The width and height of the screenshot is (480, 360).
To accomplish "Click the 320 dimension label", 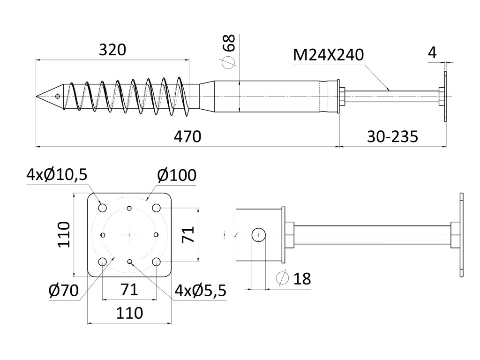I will (112, 50).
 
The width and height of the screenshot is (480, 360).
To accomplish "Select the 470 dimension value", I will (187, 136).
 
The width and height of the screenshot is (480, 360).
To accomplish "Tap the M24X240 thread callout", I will (328, 55).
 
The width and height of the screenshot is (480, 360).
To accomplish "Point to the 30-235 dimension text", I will (392, 136).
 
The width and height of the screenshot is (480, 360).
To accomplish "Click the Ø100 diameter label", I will (177, 175).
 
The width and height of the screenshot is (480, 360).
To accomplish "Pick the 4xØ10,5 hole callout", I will (57, 174).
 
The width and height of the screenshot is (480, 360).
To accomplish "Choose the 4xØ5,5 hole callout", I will (200, 291).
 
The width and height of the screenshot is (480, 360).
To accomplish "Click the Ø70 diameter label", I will (63, 291).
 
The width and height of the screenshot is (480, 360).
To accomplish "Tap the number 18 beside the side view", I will (302, 278).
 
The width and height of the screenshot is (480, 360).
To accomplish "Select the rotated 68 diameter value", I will (228, 44).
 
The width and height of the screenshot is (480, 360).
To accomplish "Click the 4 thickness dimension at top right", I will (432, 52).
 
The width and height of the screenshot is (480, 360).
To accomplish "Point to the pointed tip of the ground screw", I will (37, 97).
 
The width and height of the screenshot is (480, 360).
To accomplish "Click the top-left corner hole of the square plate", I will (102, 207).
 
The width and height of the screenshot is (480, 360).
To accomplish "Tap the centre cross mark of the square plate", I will (129, 234).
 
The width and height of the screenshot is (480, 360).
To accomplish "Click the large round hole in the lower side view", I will (259, 234).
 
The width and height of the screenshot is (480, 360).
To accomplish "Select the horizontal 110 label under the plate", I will (129, 312).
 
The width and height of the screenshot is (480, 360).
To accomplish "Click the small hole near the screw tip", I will (57, 97).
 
